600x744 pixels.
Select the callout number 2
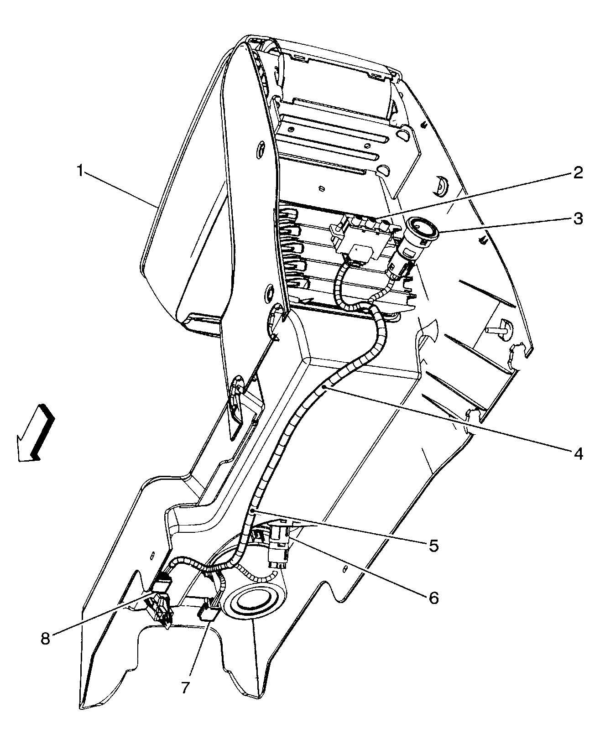[x=578, y=173]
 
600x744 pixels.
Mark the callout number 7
[x=185, y=687]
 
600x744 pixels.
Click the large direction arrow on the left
[x=36, y=433]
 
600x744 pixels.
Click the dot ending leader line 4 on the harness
[x=324, y=387]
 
